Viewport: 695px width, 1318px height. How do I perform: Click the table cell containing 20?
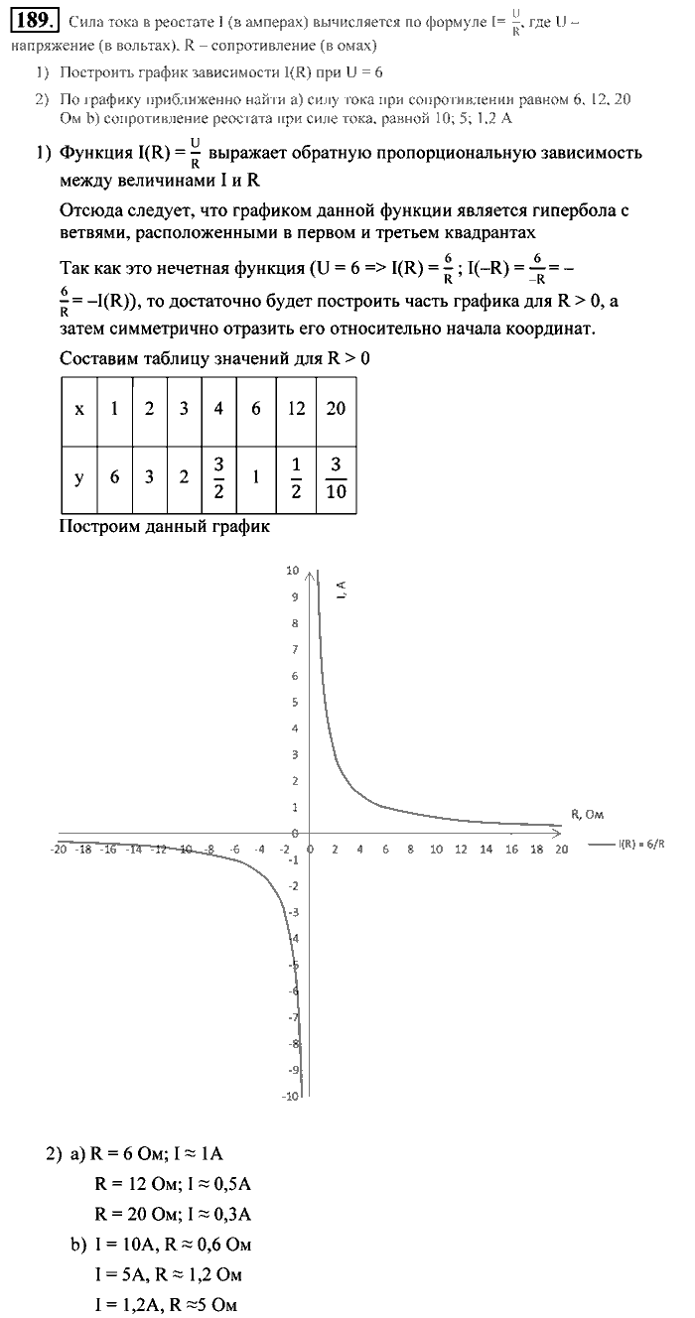[336, 409]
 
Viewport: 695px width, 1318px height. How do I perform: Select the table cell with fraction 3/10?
[336, 478]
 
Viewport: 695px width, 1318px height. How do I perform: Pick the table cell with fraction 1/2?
[296, 478]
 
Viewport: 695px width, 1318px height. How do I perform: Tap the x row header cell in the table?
[79, 409]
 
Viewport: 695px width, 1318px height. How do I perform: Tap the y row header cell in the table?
[79, 478]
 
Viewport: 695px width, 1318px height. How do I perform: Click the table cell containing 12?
[296, 409]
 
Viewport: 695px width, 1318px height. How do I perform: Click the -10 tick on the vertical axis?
[290, 1096]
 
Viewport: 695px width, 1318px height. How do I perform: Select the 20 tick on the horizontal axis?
[561, 850]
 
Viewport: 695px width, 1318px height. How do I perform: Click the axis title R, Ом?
[588, 814]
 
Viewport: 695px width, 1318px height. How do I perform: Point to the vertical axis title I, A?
[341, 593]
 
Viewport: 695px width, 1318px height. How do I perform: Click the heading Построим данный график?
[165, 526]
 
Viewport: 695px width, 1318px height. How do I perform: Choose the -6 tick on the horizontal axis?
[234, 850]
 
